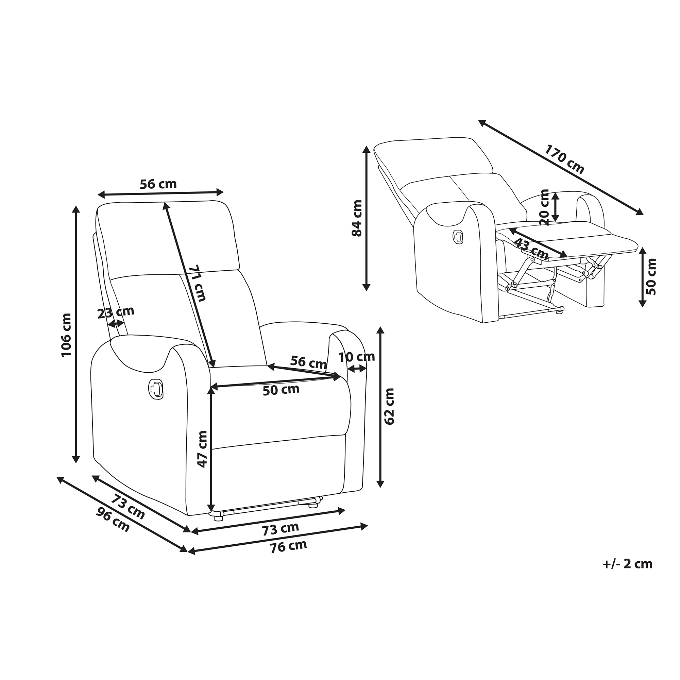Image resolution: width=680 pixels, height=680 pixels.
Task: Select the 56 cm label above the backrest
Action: pyautogui.click(x=158, y=184)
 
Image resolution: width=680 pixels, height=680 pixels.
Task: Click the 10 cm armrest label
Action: pyautogui.click(x=357, y=357)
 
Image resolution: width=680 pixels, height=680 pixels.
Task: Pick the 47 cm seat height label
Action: pyautogui.click(x=202, y=449)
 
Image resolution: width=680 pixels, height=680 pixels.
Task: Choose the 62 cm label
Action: pyautogui.click(x=390, y=406)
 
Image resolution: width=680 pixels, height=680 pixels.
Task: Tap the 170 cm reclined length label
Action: pyautogui.click(x=564, y=159)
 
